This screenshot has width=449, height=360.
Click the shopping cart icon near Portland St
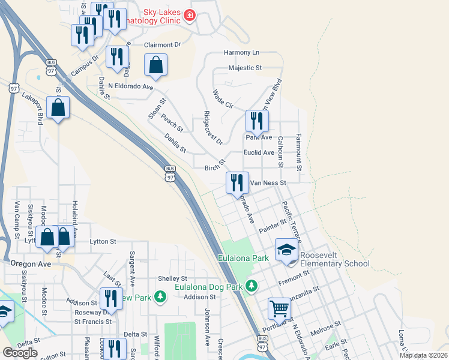[279, 310]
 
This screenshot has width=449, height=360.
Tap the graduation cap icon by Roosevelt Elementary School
[287, 250]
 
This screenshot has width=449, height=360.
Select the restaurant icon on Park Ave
[256, 121]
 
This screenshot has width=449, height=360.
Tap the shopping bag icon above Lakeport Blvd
[58, 108]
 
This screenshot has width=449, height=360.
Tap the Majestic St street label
[246, 68]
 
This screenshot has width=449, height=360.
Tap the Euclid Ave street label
[259, 152]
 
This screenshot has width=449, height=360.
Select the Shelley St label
[173, 278]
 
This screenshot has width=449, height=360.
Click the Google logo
[20, 353]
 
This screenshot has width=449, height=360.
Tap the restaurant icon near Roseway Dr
[110, 298]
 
